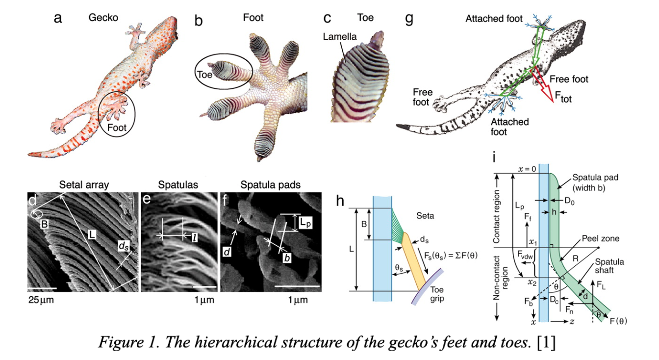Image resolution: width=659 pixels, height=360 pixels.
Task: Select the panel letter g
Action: point(409,19)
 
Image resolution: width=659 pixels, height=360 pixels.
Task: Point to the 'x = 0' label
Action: point(525,168)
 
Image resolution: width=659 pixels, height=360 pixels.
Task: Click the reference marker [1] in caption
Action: point(546,343)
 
